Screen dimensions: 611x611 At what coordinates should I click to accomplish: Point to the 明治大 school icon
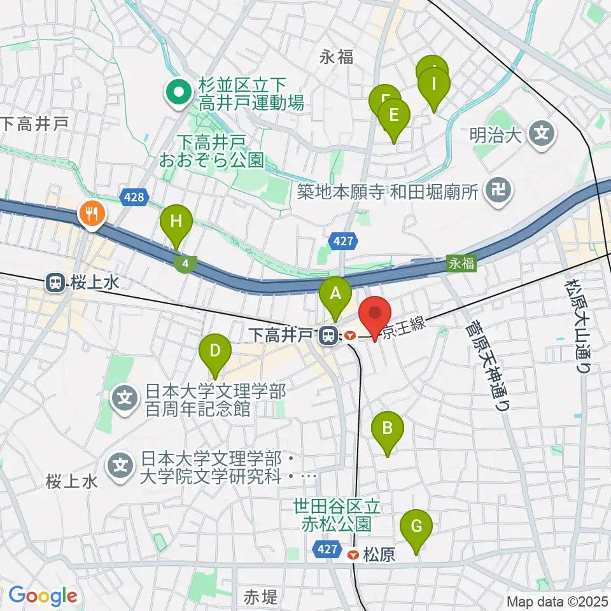click(542, 134)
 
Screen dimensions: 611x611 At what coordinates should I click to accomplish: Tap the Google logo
click(43, 596)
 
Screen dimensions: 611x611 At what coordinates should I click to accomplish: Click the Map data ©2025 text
click(558, 601)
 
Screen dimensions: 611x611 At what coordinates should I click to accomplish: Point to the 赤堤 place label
click(261, 597)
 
